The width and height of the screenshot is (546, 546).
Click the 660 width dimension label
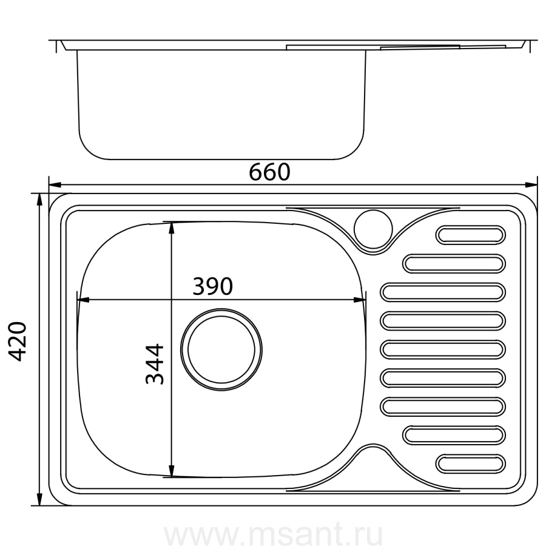[269, 172]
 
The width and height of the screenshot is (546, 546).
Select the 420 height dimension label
[18, 341]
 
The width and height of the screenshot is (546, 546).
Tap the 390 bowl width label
[213, 286]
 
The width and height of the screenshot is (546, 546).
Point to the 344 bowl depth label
[155, 364]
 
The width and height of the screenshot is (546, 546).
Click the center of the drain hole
[221, 349]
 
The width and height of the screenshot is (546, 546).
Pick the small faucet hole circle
[373, 229]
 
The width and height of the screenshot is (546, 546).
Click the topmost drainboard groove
[470, 235]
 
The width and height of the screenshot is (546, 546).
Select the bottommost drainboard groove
[470, 463]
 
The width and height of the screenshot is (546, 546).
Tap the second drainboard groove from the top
[454, 263]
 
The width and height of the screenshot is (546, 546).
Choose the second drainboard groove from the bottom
[454, 435]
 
